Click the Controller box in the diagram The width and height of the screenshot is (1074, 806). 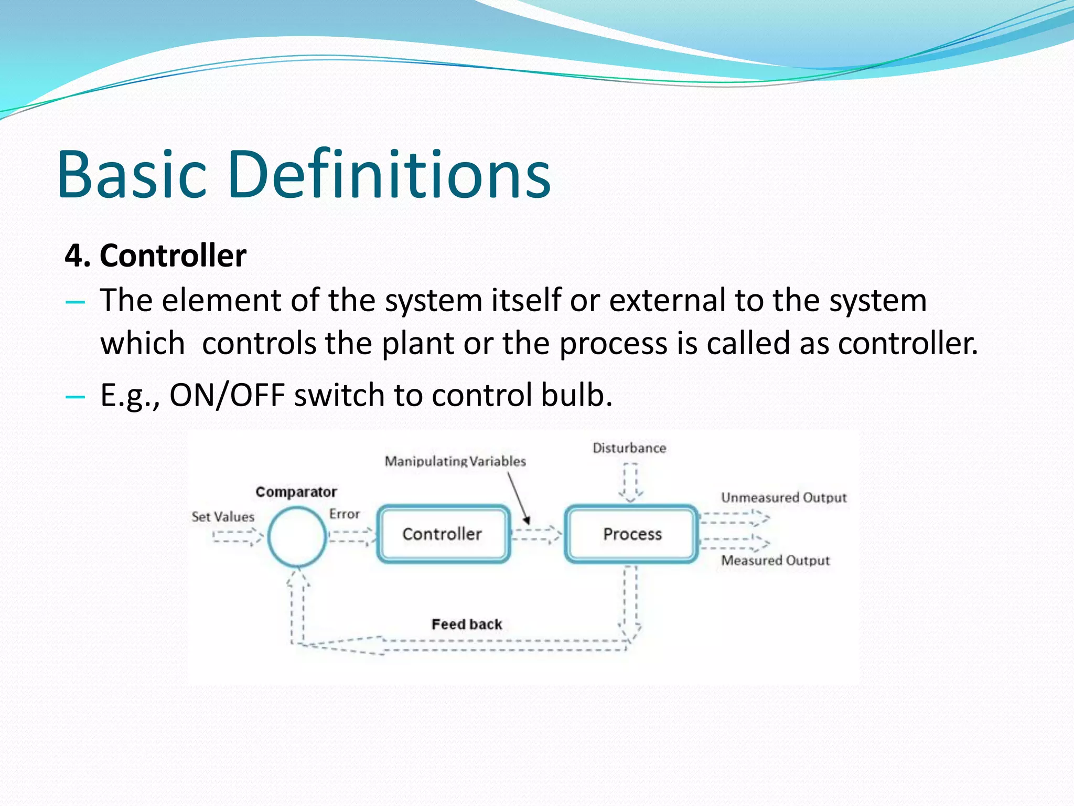click(443, 534)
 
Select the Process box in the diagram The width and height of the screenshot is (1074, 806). click(632, 534)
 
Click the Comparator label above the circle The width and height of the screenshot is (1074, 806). click(296, 492)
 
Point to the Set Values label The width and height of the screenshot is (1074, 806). click(222, 517)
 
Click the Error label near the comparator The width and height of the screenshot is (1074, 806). click(344, 514)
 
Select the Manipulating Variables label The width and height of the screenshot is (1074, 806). click(455, 461)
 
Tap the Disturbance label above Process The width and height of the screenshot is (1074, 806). click(629, 448)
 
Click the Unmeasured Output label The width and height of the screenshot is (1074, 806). click(783, 497)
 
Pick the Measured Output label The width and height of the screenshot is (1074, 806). click(775, 560)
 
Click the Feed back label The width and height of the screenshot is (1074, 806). click(466, 624)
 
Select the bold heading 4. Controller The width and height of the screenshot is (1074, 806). click(155, 256)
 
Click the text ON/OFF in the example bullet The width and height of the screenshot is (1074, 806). click(227, 395)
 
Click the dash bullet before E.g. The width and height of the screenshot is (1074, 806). click(76, 397)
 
